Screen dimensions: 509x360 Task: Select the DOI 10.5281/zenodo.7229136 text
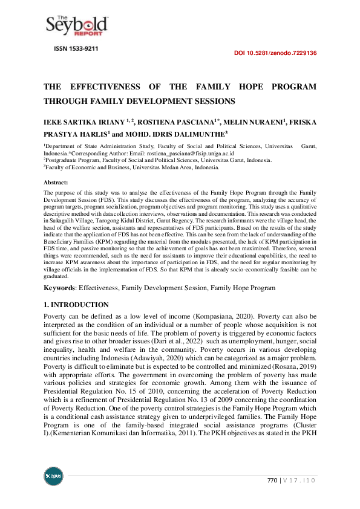tap(275, 53)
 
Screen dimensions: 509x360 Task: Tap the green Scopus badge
tap(53, 476)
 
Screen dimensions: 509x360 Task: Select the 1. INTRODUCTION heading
tap(76, 305)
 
